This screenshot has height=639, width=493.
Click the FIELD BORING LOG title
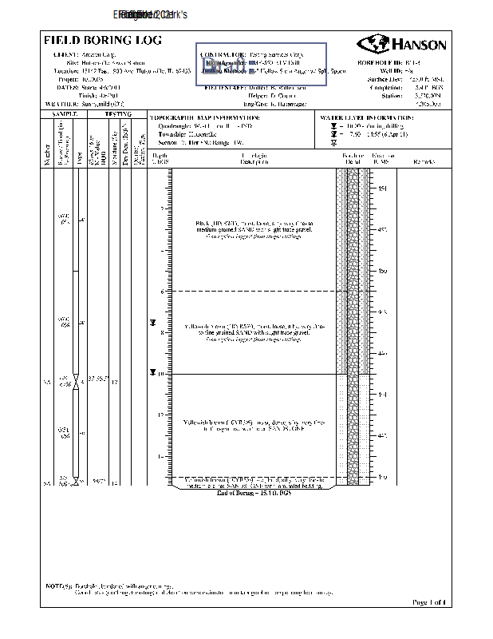pyautogui.click(x=102, y=40)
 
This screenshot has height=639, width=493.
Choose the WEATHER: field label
pyautogui.click(x=61, y=104)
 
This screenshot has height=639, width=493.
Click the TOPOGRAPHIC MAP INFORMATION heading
pyautogui.click(x=205, y=117)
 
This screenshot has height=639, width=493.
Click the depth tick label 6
pyautogui.click(x=162, y=292)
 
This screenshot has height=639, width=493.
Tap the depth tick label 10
pyautogui.click(x=161, y=374)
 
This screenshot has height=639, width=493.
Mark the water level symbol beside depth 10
pyautogui.click(x=152, y=372)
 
